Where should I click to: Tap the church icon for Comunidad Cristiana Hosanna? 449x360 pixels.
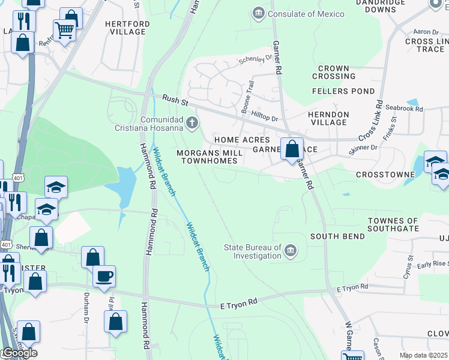192,124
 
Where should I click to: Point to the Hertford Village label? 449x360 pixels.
127,28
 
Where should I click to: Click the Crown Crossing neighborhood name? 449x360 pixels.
334,73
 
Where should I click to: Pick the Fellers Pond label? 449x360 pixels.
339,91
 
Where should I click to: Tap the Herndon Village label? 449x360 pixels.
328,118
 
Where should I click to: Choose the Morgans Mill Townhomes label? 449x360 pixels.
209,157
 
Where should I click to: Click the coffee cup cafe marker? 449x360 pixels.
104,276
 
